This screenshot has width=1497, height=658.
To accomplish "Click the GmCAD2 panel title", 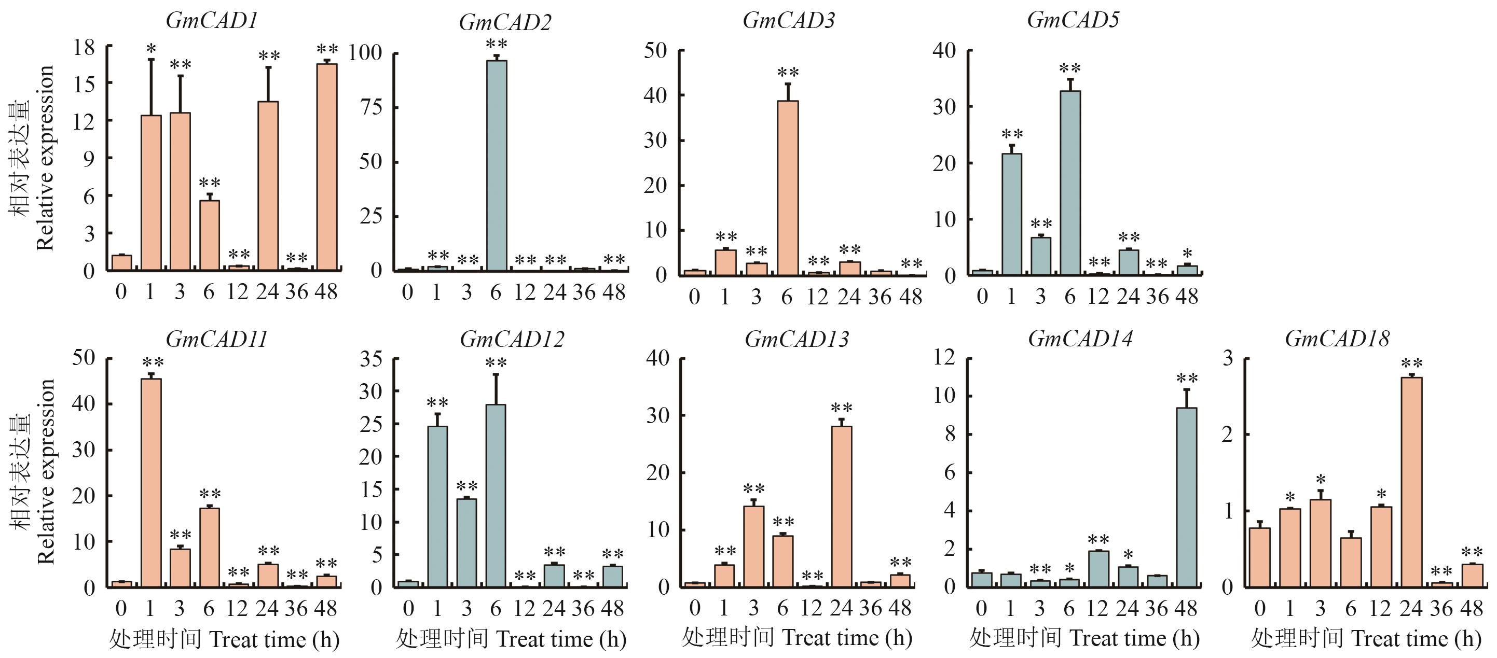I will pos(504,23).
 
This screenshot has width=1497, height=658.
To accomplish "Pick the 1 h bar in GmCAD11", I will pos(151,483).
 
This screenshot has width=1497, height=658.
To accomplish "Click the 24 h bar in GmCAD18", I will pos(1411,482).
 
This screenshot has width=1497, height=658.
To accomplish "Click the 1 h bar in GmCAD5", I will pos(1012,214).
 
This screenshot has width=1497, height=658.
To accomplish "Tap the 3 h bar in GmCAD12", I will pos(466,542).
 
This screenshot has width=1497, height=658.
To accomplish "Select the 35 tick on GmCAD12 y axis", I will pos(371,358).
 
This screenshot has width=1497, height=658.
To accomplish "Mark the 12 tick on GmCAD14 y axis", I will pos(944,357).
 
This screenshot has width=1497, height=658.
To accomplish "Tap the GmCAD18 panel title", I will pos(1337,339).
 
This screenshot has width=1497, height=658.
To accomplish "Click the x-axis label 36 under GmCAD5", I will pos(1157,296).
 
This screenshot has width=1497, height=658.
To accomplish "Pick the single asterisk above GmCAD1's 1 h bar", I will pos(151,49).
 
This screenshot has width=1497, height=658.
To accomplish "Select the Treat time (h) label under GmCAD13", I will pos(846,638).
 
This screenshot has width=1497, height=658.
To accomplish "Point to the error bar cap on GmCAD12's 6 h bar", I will pos(496,374).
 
